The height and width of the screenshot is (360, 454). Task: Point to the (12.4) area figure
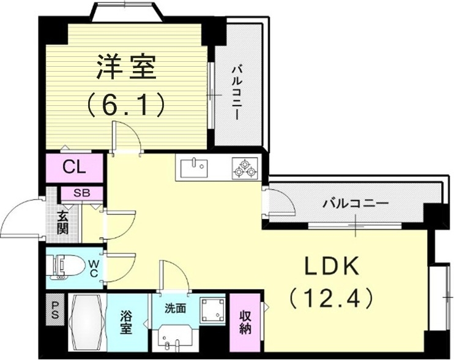click(330, 298)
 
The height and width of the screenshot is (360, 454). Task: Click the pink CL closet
click(76, 166)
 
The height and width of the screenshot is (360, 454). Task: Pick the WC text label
click(94, 268)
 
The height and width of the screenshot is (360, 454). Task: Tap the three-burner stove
click(246, 168)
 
